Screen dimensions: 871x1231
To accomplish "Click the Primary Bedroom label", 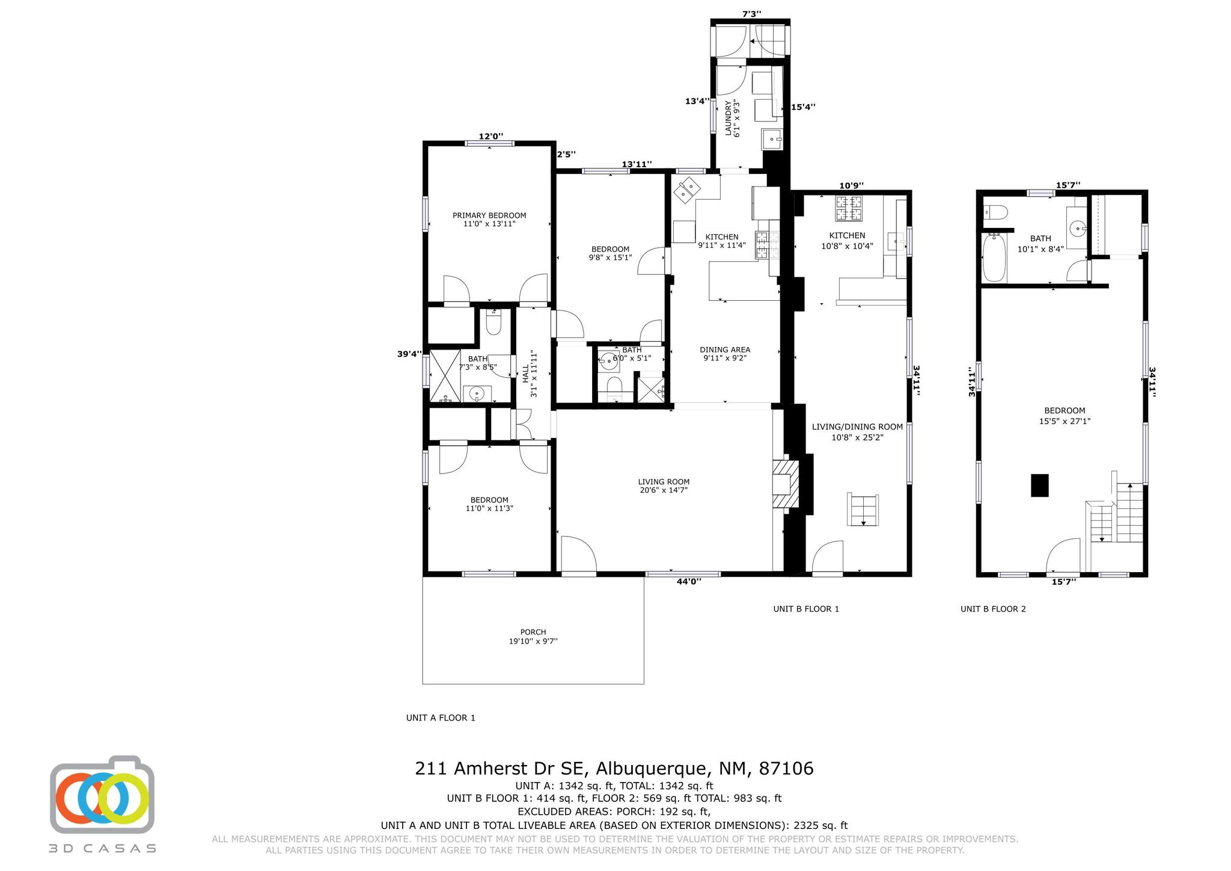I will [489, 220].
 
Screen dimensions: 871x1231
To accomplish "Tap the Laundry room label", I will [732, 118].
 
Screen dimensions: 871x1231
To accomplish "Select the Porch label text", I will [533, 636].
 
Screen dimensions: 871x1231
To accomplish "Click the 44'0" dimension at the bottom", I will [689, 581].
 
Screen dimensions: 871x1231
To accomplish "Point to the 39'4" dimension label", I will [409, 354].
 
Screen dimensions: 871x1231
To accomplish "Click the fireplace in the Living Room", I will [785, 484].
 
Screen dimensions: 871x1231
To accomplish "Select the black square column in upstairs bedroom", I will [1039, 485].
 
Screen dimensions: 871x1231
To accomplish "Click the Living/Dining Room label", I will [857, 432].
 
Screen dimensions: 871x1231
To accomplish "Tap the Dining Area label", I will [725, 354].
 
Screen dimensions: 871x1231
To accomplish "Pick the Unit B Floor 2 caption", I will [993, 609].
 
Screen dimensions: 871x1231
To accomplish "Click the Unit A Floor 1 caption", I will [441, 718].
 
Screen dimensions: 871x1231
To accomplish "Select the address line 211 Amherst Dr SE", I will [614, 769].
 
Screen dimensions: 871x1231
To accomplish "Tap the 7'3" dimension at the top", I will [751, 13].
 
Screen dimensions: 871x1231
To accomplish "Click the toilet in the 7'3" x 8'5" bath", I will [493, 324].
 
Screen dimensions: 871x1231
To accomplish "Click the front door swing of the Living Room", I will [577, 555].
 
